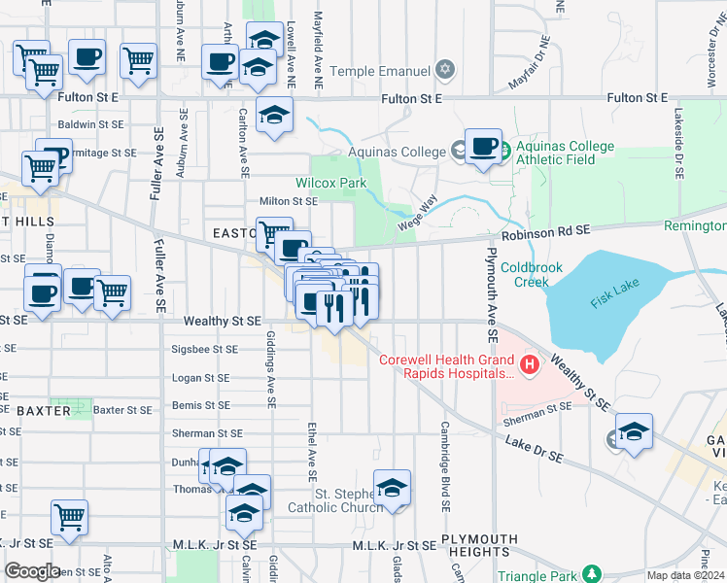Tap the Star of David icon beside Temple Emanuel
click(x=445, y=70)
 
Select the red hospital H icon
click(x=530, y=365)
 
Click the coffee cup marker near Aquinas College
click(x=482, y=147)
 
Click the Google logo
click(x=32, y=571)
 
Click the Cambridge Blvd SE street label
click(x=445, y=466)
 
